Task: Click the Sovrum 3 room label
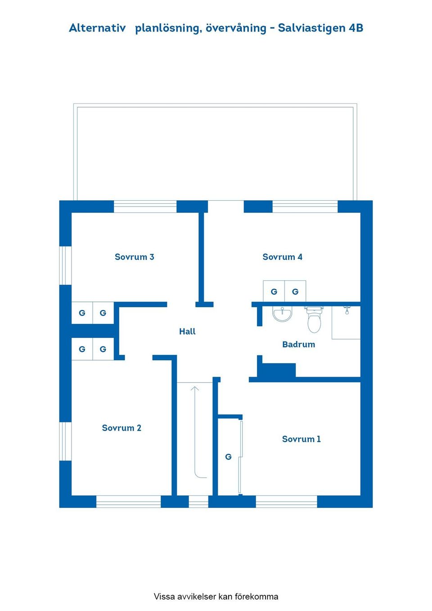134,257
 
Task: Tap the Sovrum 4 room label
282,257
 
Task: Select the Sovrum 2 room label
121,428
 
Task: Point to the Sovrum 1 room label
301,439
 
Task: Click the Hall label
187,332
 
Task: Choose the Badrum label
298,345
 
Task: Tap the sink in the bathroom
282,314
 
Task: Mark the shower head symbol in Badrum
347,310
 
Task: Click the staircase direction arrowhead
194,388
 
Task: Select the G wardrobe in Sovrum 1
229,457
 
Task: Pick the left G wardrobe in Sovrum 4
274,292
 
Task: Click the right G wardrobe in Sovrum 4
295,292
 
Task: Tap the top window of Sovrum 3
145,207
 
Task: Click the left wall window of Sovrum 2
66,441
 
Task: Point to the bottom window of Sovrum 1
286,501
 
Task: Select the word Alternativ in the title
97,28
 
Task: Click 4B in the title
356,28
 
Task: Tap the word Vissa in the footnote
164,597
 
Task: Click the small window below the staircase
198,501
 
